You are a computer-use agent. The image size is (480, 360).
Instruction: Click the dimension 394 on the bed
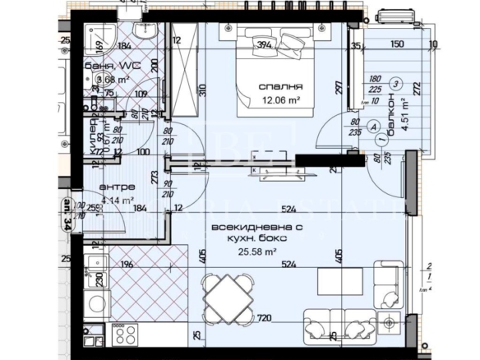click(264, 46)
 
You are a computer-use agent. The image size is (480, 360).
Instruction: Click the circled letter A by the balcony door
click(376, 127)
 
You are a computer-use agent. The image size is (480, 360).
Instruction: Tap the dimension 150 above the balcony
click(397, 44)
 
